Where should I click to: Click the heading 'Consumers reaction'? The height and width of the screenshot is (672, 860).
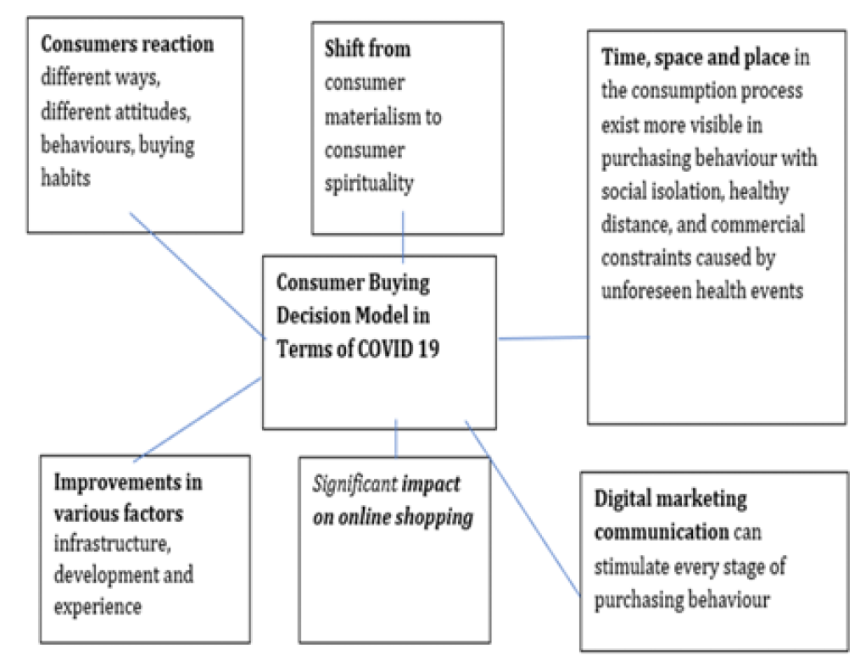click(127, 44)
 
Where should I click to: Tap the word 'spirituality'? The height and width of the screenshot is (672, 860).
click(369, 184)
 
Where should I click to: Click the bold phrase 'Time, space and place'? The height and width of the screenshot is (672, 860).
click(695, 57)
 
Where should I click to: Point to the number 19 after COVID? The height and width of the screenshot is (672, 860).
click(428, 348)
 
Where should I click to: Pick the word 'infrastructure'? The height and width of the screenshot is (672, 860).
click(113, 544)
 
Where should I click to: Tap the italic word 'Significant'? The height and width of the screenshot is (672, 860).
click(355, 484)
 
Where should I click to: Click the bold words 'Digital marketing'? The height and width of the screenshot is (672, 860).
click(670, 499)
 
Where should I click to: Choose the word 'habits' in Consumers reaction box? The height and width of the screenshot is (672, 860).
click(65, 178)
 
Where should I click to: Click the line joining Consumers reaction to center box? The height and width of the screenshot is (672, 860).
click(198, 276)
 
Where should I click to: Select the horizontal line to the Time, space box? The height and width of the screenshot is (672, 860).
click(543, 338)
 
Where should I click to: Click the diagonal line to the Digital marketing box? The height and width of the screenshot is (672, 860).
click(522, 508)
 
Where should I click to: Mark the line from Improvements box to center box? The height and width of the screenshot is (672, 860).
click(198, 419)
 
